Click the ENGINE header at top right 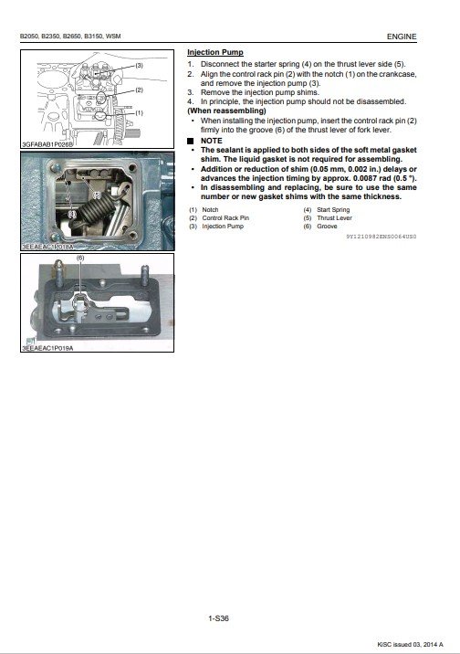point(402,37)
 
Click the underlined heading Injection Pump point(215,53)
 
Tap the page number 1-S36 point(218,618)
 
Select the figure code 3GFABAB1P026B point(47,144)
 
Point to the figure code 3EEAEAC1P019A point(47,348)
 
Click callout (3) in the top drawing point(139,66)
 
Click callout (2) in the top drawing point(139,90)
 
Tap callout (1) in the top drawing point(139,112)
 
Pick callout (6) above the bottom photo point(80,258)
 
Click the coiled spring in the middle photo point(97,211)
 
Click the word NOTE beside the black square point(211,141)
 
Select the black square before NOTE point(191,141)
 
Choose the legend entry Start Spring point(333,210)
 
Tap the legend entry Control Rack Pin point(225,217)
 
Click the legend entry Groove point(327,226)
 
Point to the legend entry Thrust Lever point(334,217)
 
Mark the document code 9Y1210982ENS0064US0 point(382,237)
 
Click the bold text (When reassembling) point(226,111)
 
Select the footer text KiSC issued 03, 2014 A point(410,644)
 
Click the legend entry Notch point(210,210)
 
